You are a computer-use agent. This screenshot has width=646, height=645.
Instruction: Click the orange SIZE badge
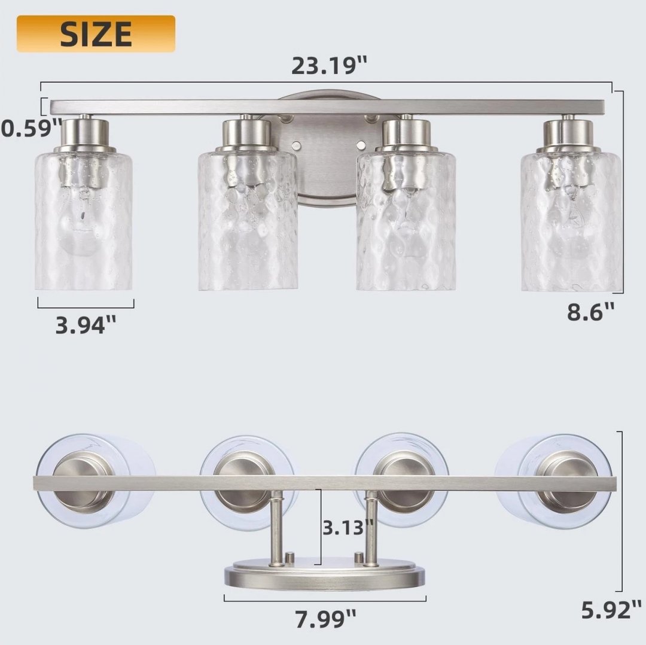(96, 34)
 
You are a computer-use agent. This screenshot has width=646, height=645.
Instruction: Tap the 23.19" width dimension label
(329, 66)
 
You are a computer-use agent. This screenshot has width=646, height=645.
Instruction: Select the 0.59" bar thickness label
(31, 128)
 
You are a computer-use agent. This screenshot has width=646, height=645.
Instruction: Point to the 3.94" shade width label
(86, 325)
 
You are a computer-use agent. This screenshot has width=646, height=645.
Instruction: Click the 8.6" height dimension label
(590, 312)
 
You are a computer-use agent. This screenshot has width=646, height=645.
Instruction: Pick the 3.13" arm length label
(348, 527)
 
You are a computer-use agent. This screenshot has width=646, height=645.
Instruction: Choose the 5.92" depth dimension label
(611, 610)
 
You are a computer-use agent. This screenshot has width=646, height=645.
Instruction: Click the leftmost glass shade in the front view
(84, 221)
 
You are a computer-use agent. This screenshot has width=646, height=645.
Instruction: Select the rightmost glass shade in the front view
(571, 221)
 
